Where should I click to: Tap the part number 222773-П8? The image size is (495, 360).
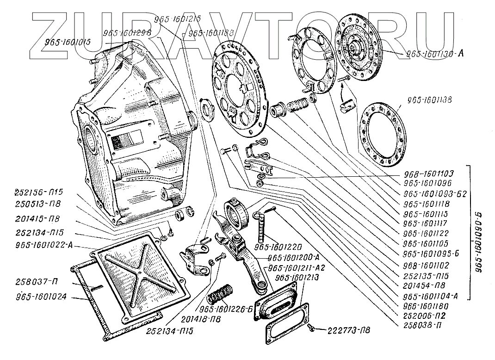349,330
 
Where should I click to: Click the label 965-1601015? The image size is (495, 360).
68,42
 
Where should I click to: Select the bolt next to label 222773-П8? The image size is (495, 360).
312,328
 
